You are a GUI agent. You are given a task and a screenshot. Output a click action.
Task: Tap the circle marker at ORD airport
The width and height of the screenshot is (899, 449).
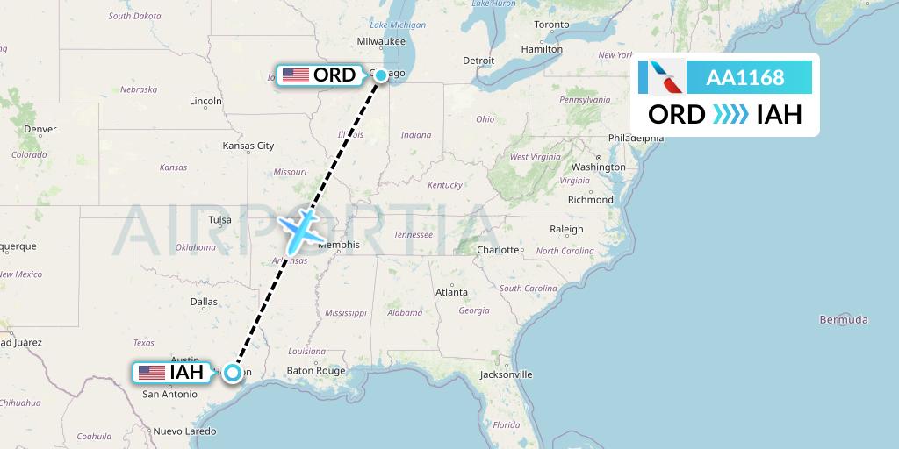click(381, 75)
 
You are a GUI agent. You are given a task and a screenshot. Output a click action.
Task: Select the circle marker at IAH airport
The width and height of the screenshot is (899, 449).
click(232, 373)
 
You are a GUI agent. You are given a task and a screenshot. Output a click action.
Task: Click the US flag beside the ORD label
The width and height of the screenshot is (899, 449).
click(296, 75)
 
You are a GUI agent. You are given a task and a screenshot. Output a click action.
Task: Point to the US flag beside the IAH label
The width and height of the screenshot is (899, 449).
click(152, 373)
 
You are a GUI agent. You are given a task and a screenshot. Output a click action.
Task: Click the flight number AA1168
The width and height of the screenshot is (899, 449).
click(745, 78)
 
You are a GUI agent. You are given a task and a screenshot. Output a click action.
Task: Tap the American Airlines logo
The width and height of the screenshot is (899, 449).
click(661, 77)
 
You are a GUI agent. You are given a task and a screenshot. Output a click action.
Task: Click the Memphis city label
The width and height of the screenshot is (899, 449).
click(339, 245)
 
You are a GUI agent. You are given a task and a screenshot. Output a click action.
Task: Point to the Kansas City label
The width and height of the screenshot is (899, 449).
click(248, 146)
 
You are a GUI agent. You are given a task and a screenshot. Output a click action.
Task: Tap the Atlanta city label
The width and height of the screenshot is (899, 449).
click(451, 292)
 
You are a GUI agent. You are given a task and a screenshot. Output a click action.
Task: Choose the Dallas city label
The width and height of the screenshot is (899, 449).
click(204, 302)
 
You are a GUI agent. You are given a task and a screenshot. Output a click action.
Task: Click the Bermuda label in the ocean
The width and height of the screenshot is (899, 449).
click(844, 319)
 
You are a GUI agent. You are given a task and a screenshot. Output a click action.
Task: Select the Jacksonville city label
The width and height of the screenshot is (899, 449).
click(506, 374)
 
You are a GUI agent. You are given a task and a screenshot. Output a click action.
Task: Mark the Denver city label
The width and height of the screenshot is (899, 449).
click(40, 129)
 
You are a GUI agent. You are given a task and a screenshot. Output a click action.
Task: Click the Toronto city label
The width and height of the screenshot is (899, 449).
click(551, 25)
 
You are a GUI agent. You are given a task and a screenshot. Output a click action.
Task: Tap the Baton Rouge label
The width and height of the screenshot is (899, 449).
click(316, 371)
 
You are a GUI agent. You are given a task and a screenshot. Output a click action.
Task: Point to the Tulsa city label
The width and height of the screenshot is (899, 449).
click(220, 220)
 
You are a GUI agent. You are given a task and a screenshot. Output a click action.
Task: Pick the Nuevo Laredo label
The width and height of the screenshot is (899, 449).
click(184, 431)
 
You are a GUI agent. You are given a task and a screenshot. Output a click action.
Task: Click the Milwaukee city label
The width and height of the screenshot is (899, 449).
click(381, 41)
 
